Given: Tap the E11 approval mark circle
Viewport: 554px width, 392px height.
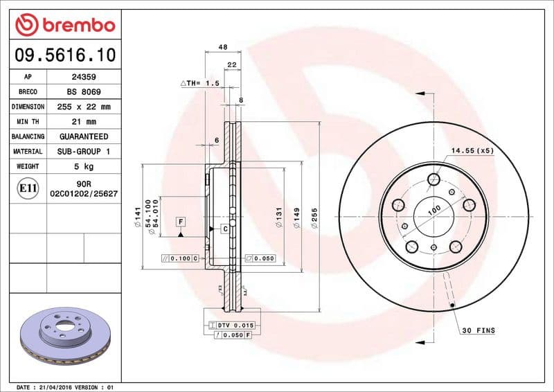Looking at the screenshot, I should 28,188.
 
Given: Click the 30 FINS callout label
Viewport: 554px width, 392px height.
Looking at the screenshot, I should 479,331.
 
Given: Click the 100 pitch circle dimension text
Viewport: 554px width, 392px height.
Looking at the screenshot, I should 434,211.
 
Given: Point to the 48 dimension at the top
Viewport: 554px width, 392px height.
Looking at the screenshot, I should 223,47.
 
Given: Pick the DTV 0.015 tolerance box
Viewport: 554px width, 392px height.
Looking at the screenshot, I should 232,325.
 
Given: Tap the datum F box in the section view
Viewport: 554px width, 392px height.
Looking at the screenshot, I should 181,222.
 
